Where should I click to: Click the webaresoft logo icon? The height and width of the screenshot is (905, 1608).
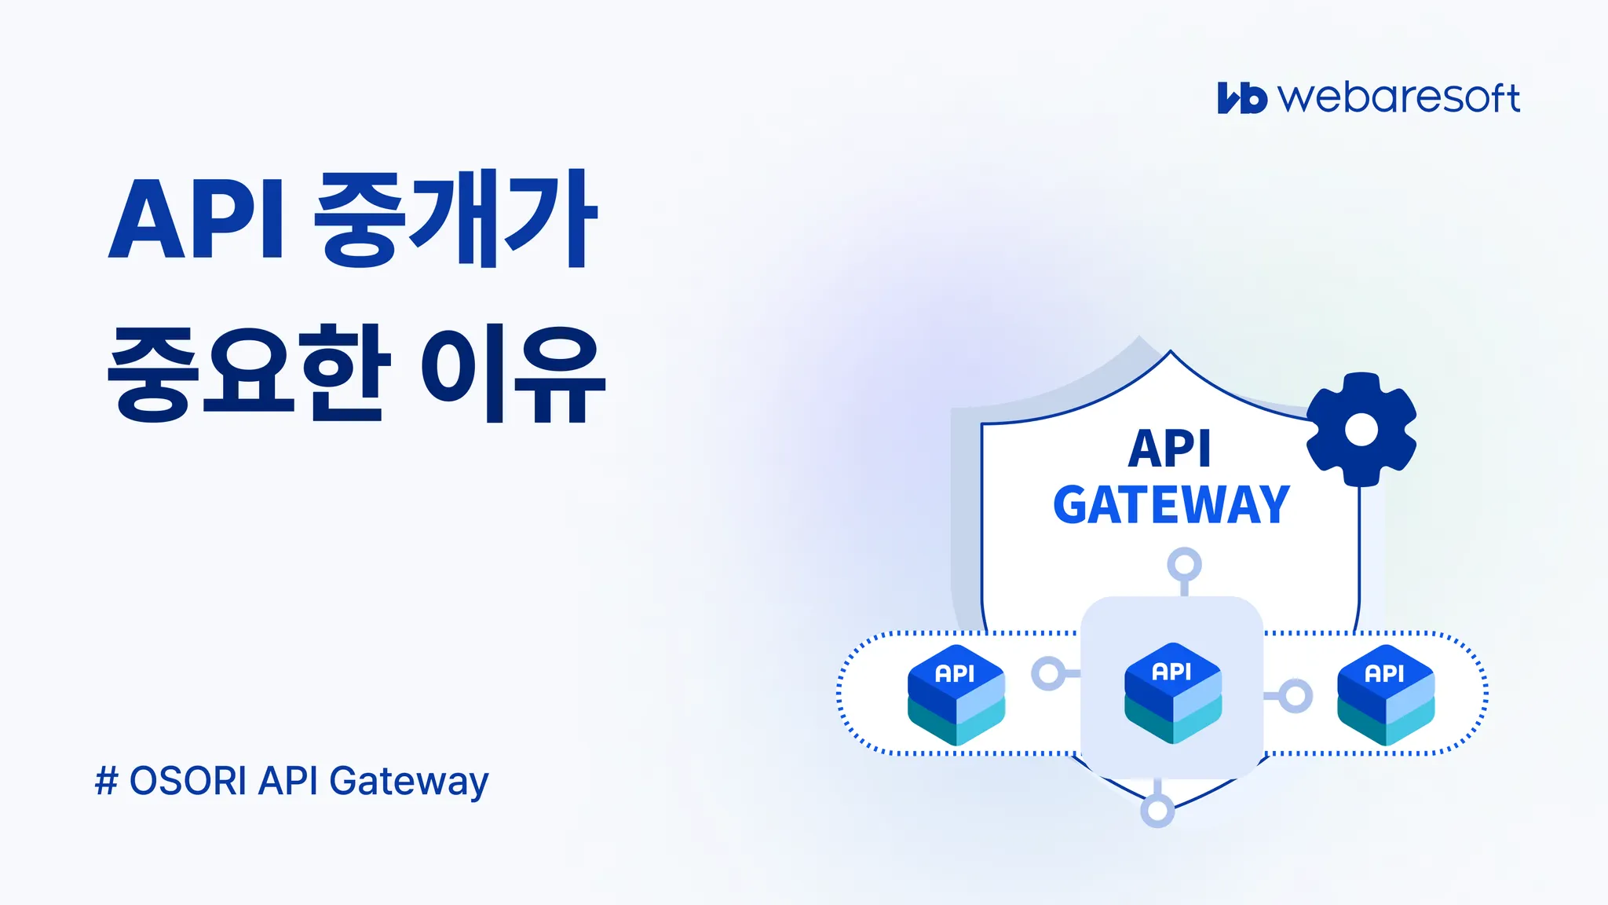[x=1241, y=98]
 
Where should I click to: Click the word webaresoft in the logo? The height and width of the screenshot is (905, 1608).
[x=1399, y=98]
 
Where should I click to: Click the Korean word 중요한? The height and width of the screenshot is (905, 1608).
[x=248, y=373]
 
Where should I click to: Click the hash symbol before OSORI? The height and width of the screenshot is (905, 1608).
[x=106, y=782]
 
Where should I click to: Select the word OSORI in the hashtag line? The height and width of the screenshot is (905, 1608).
[x=188, y=782]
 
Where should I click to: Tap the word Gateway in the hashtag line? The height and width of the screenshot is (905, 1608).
[x=408, y=782]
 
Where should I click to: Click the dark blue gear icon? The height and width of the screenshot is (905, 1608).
[x=1361, y=429]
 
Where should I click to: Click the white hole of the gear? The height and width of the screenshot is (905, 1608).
[x=1361, y=430]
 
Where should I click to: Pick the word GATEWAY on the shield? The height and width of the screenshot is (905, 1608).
[x=1171, y=505]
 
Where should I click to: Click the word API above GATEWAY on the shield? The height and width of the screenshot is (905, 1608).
[x=1170, y=449]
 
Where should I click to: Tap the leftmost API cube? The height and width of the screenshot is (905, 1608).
[x=956, y=694]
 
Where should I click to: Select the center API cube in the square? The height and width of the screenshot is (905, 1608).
[x=1173, y=693]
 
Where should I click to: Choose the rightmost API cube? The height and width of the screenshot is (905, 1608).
[x=1386, y=694]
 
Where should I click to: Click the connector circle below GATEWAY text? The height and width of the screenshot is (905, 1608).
[x=1184, y=564]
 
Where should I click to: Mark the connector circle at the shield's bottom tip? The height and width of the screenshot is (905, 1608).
[x=1157, y=810]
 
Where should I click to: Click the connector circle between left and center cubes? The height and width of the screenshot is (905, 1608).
[x=1048, y=673]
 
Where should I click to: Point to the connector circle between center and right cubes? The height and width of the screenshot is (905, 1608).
[x=1295, y=695]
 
